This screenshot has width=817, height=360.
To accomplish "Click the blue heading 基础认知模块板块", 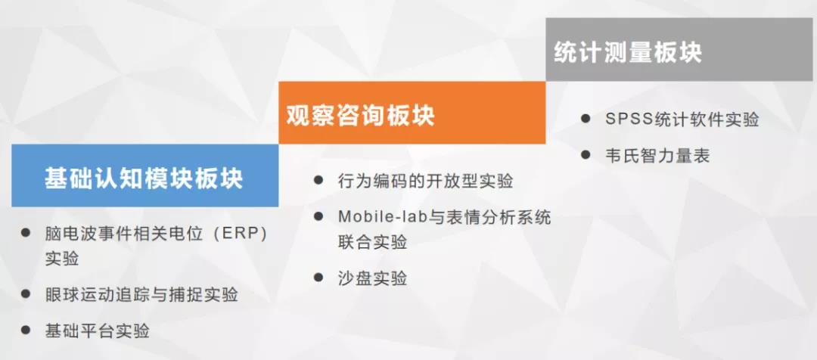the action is tap(144, 178).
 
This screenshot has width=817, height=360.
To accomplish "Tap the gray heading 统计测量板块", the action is tap(628, 52).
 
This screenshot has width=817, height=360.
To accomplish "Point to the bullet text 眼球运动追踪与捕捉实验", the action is tap(141, 294).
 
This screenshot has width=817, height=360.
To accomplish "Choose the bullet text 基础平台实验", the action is tap(98, 331).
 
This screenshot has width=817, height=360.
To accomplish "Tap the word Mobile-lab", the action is tap(383, 216).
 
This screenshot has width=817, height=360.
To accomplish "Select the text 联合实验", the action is tap(372, 242).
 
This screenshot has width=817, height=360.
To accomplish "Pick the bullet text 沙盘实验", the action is tap(372, 278).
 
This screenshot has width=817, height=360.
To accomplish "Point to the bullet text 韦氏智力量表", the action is tap(657, 155).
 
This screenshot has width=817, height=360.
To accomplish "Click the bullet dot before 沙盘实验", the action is tap(318, 277).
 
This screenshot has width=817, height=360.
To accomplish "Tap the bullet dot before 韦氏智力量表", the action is tap(586, 154).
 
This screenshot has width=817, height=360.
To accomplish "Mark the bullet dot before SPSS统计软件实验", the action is tap(586, 118).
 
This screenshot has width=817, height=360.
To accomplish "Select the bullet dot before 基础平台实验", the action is tap(26, 329).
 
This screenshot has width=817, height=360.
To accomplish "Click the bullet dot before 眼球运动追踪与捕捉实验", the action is tap(26, 293).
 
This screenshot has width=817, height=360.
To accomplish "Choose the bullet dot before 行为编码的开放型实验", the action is tap(318, 180).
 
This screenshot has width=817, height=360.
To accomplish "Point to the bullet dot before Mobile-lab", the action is tap(318, 216).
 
